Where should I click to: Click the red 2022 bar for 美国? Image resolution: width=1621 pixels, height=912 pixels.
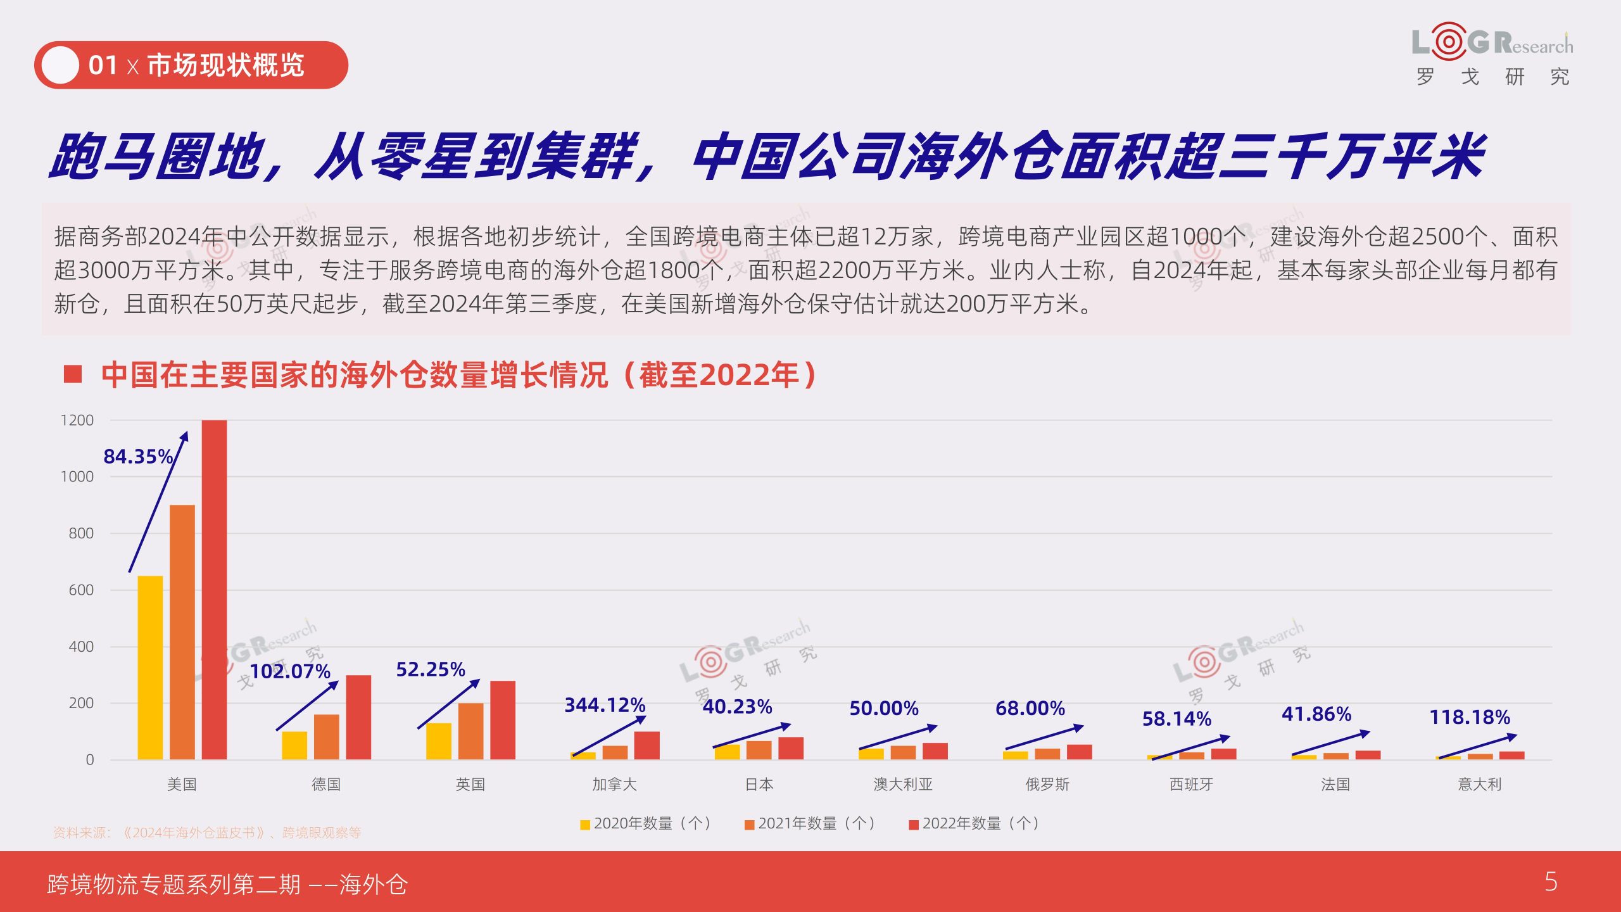214,590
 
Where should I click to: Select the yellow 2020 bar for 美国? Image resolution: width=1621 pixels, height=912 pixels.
150,668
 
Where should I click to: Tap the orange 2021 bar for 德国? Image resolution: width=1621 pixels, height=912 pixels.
326,737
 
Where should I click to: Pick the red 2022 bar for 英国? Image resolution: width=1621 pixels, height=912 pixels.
503,720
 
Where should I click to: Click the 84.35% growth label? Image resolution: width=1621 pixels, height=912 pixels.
138,456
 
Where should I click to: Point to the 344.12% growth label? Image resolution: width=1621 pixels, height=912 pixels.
605,705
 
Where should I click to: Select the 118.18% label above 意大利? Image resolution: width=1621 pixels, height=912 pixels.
1470,717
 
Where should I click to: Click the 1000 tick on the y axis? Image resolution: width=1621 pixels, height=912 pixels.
77,476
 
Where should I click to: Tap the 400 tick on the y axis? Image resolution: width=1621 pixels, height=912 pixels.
81,647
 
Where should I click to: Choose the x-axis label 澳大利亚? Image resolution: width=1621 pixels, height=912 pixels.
903,784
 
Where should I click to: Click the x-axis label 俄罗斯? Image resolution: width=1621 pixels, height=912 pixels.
1047,784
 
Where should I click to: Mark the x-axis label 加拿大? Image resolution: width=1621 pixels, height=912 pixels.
614,784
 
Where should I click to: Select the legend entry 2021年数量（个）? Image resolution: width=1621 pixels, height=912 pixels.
810,823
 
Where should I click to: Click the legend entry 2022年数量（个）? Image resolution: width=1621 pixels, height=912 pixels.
974,823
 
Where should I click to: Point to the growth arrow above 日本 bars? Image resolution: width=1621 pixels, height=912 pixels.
752,735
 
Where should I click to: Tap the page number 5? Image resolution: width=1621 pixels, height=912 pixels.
1551,882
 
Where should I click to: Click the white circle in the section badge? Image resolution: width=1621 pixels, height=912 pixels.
60,65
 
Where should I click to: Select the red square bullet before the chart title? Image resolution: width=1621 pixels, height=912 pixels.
73,374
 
